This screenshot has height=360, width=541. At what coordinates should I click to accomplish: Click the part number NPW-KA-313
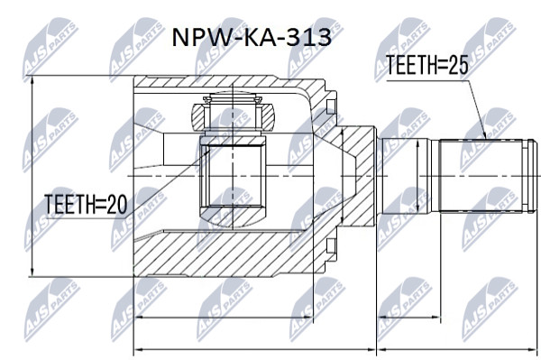point(252,37)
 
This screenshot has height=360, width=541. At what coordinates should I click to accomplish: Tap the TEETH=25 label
point(426,65)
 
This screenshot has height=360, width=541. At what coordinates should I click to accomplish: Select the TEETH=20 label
point(86,204)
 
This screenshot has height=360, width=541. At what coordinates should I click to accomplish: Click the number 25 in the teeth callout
point(458,65)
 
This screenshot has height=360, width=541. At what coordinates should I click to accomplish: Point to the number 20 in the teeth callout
point(117,204)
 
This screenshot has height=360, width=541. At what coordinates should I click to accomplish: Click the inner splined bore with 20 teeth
point(234,176)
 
